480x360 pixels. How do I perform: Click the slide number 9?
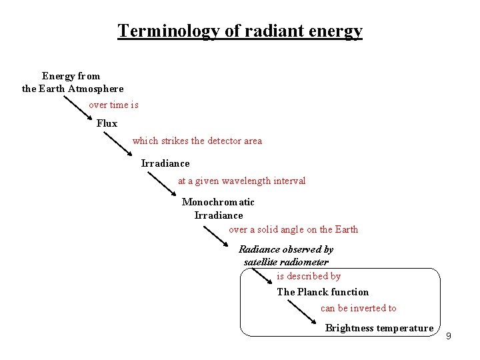tap(448, 335)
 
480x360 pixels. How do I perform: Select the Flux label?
tap(107, 123)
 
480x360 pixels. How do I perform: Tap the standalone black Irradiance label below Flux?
tap(165, 163)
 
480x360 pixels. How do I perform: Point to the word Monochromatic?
tap(218, 202)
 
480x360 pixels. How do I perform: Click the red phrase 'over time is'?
tap(113, 105)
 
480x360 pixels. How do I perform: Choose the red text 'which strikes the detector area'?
tap(197, 141)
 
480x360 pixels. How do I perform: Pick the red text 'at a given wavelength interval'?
tap(241, 181)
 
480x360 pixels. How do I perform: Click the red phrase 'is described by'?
tap(309, 276)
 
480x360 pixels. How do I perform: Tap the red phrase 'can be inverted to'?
tap(358, 308)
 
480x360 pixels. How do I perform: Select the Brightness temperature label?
tap(379, 328)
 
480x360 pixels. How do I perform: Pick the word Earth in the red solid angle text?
tap(346, 229)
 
